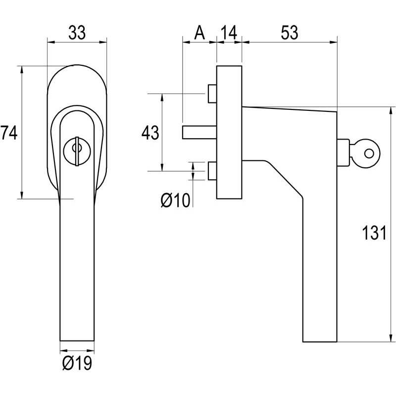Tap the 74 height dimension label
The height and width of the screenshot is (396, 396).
(x=8, y=133)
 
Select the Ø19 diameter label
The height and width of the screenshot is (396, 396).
(x=77, y=364)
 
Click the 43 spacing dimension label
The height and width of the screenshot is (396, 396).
(x=150, y=133)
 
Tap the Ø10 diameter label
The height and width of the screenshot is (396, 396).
(x=176, y=200)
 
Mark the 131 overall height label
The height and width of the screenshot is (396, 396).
(x=372, y=233)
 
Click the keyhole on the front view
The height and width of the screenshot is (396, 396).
(x=76, y=149)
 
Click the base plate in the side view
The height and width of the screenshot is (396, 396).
(x=229, y=131)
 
